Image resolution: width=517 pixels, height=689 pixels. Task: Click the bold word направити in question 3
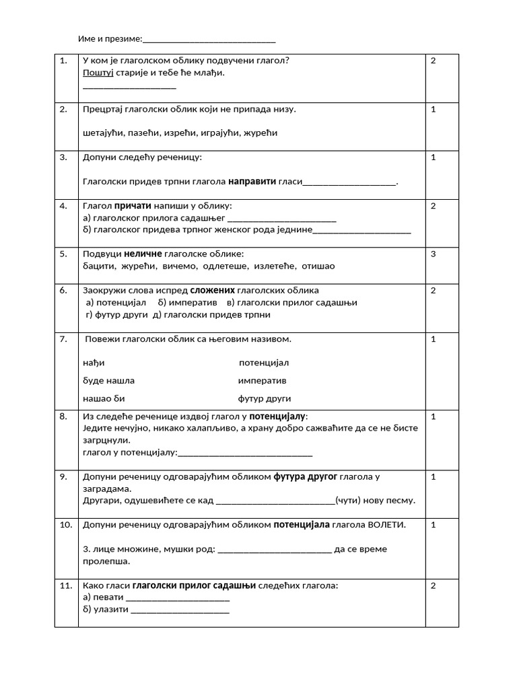pos(252,182)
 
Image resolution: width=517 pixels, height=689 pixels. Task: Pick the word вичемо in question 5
pos(183,266)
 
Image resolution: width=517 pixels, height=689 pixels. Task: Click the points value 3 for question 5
pos(434,254)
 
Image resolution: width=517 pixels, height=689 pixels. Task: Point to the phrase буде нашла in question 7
pos(108,381)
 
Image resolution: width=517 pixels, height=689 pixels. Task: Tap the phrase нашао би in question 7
pos(104,398)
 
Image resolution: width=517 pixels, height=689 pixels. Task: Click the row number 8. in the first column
pos(63,417)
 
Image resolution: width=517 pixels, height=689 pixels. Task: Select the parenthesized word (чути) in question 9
pos(349,501)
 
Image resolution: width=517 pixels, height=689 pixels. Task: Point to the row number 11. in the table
pos(65,586)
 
